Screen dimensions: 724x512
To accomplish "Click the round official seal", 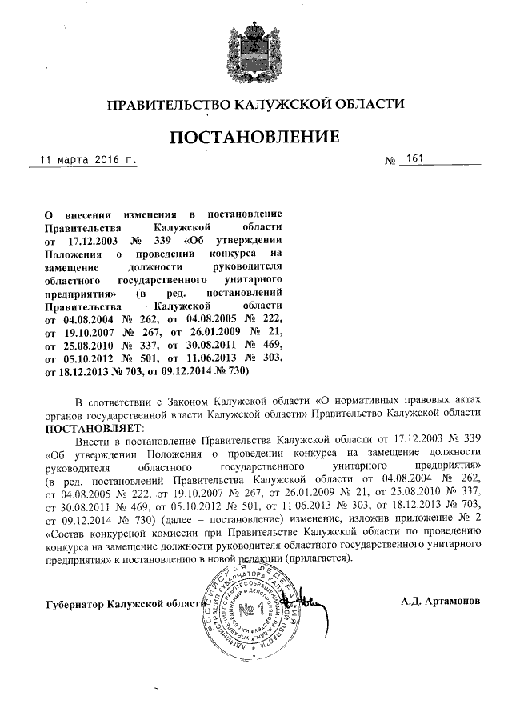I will click(x=254, y=607).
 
